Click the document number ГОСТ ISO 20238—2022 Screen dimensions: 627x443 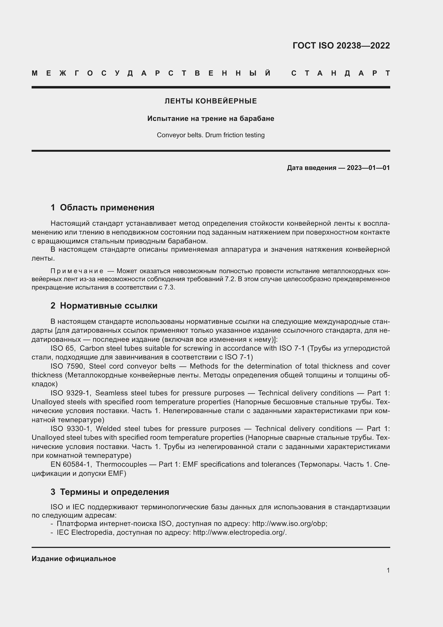[x=341, y=46]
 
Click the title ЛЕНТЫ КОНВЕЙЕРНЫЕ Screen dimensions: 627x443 [x=211, y=101]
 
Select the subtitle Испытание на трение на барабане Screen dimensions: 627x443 [x=211, y=118]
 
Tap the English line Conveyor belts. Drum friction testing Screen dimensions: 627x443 [x=211, y=135]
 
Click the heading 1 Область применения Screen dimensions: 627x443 [x=102, y=207]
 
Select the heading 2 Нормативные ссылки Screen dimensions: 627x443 [x=104, y=306]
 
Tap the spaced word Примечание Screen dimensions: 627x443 [x=77, y=271]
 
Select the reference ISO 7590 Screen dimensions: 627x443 [x=67, y=366]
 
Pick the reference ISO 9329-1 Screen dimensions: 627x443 [x=70, y=393]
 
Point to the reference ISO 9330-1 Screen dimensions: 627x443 [x=70, y=429]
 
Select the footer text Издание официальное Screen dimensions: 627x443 [x=74, y=559]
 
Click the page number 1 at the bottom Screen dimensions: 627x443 [x=388, y=570]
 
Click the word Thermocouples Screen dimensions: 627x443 [x=121, y=464]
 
